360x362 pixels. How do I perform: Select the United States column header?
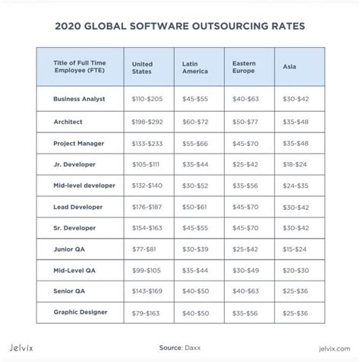pyautogui.click(x=142, y=68)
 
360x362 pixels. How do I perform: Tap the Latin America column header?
pyautogui.click(x=195, y=68)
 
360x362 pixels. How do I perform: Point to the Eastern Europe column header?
pyautogui.click(x=244, y=67)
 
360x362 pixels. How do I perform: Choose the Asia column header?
pyautogui.click(x=289, y=66)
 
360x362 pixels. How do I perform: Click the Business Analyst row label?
pyautogui.click(x=79, y=99)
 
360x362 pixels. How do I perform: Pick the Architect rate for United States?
pyautogui.click(x=147, y=122)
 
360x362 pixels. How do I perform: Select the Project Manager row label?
pyautogui.click(x=78, y=144)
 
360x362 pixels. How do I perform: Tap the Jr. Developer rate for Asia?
pyautogui.click(x=295, y=164)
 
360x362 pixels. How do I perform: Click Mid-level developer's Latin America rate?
pyautogui.click(x=195, y=186)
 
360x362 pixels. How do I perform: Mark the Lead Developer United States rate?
pyautogui.click(x=147, y=207)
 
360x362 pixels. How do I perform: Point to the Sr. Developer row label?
pyautogui.click(x=74, y=228)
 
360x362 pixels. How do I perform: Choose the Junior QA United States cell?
pyautogui.click(x=144, y=249)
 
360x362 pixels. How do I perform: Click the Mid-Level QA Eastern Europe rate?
pyautogui.click(x=245, y=271)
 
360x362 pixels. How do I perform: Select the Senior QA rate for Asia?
pyautogui.click(x=295, y=291)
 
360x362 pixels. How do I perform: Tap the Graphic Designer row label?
pyautogui.click(x=81, y=312)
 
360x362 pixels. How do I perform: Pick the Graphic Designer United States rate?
pyautogui.click(x=146, y=313)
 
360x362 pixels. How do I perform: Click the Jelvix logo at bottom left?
pyautogui.click(x=21, y=348)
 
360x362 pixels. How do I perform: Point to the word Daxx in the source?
pyautogui.click(x=193, y=348)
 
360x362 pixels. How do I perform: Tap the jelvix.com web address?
pyautogui.click(x=334, y=349)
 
